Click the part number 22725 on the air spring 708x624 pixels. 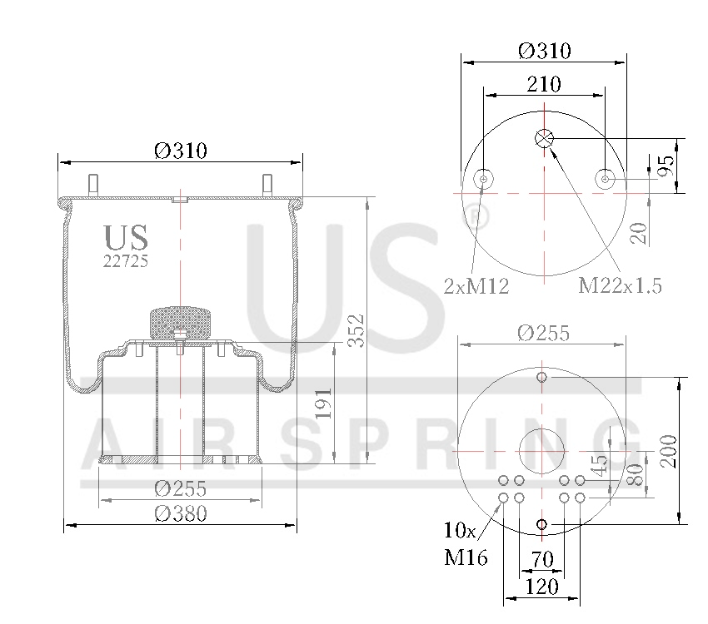coord(126,260)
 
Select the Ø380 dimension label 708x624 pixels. coord(181,514)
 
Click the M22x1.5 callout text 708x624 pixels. coord(621,286)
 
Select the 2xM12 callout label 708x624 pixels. coord(476,287)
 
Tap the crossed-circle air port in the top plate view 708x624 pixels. coord(543,138)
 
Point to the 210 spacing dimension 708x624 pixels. coord(543,84)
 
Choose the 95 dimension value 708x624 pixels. coord(665,166)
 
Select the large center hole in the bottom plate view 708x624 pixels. coord(542,450)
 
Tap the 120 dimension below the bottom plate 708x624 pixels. coord(542,587)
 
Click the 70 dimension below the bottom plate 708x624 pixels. coord(542,559)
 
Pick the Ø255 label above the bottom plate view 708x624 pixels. coord(543,333)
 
